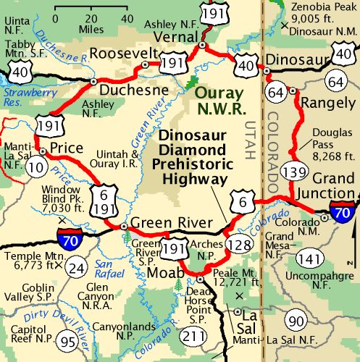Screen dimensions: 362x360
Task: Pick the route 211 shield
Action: pyautogui.click(x=193, y=336)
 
